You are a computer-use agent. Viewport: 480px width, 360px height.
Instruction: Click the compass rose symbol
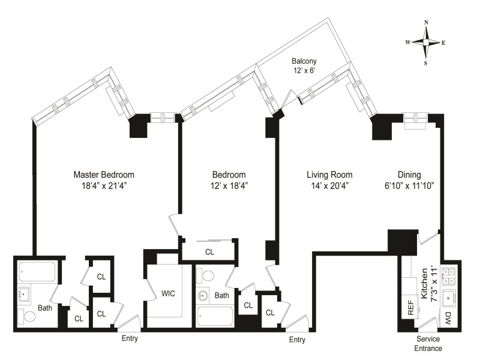(426, 42)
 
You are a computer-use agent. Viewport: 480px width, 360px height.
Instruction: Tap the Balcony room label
(304, 61)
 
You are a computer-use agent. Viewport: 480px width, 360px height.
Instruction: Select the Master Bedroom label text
(104, 175)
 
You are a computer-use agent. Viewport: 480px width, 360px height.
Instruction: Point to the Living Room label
(329, 175)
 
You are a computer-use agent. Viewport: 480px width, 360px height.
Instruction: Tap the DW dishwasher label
(448, 318)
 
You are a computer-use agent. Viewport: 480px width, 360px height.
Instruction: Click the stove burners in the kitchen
(448, 275)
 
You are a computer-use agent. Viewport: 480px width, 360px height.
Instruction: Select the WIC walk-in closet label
(168, 293)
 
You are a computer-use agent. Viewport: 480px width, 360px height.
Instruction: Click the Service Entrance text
(429, 344)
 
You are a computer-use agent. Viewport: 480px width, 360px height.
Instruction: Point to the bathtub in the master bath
(37, 272)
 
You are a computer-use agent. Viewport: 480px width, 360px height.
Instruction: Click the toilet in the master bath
(25, 316)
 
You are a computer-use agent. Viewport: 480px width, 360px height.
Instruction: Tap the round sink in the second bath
(203, 296)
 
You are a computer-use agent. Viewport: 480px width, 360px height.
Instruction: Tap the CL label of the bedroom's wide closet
(209, 252)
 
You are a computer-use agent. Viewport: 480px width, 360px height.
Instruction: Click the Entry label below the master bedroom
(130, 338)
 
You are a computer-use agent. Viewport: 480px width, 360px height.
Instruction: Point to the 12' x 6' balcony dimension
(304, 71)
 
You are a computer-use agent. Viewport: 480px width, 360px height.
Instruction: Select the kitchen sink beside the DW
(448, 296)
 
